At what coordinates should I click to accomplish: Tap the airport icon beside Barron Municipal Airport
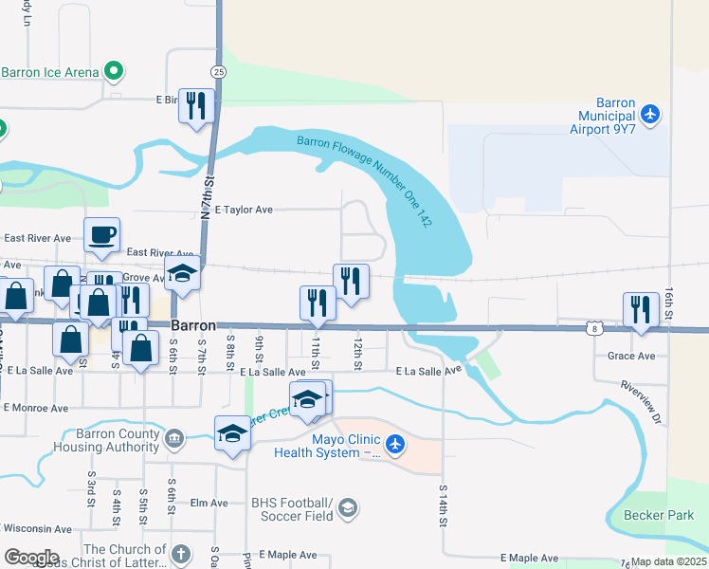point(649,114)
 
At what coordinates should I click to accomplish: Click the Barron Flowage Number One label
point(365,180)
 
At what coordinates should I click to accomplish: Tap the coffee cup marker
point(101,234)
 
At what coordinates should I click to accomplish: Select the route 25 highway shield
point(218,72)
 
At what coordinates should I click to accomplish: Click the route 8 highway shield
point(593,329)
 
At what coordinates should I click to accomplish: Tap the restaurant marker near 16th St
point(641,309)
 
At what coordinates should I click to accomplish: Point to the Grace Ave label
point(632,357)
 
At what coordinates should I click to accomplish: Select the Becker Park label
point(659,515)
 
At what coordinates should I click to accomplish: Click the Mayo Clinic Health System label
point(327,446)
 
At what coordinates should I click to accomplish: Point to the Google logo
point(31,558)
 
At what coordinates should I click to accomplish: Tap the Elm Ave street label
point(209,503)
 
